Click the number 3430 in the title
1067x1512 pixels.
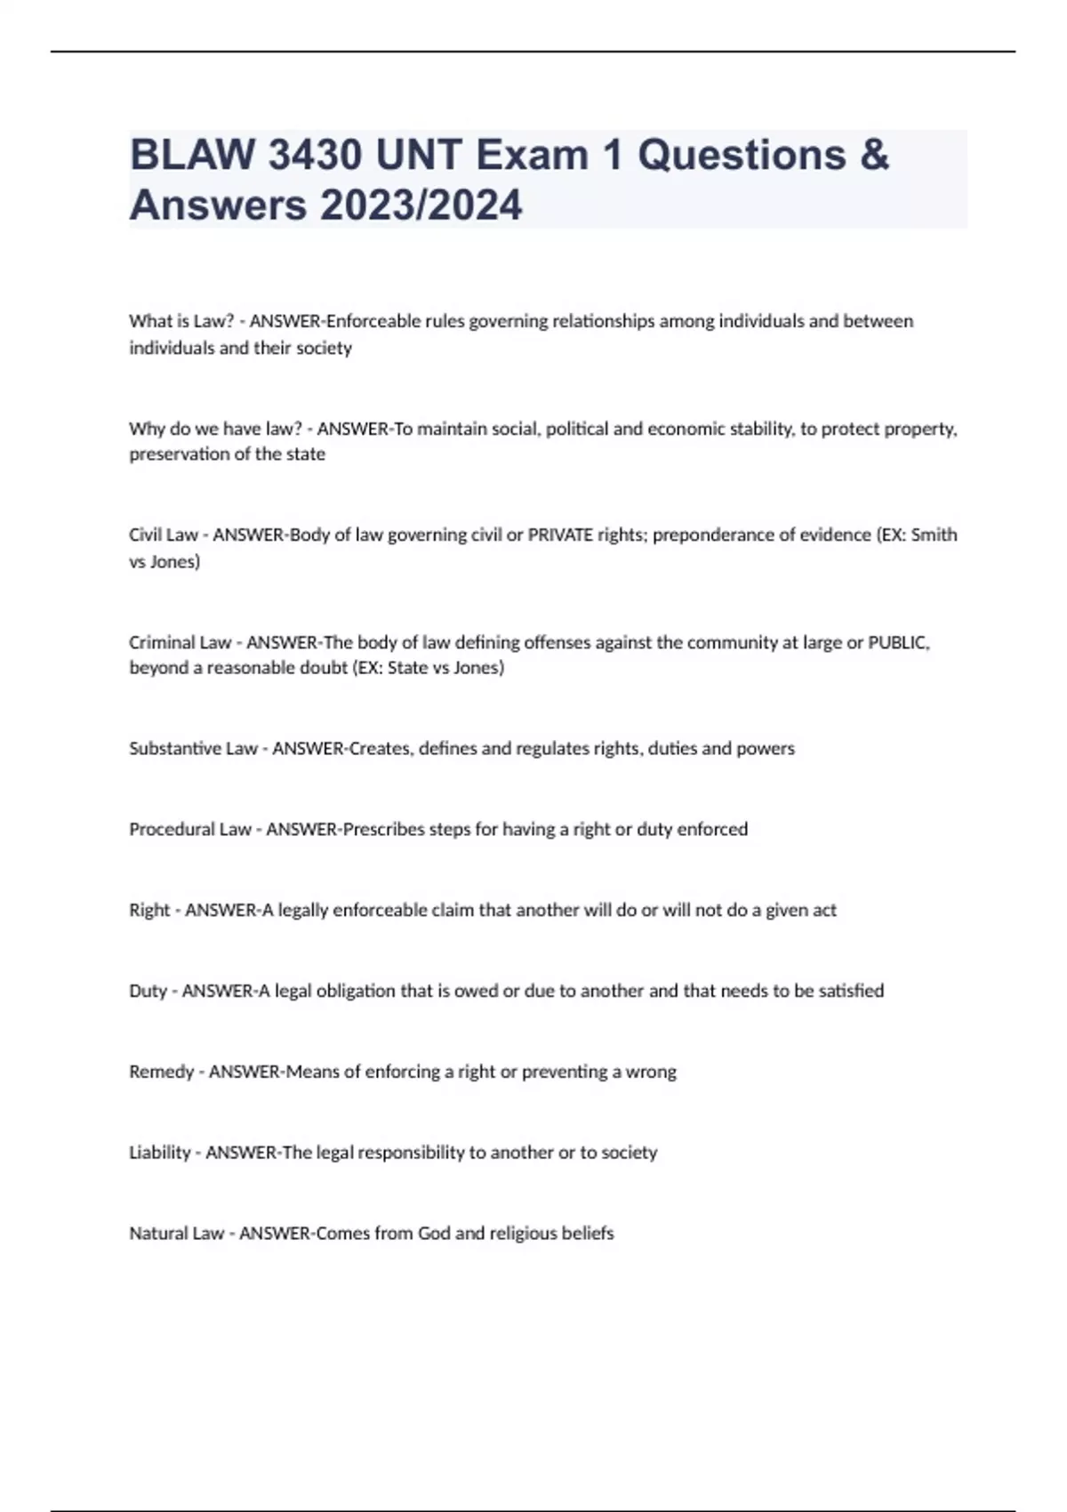315,156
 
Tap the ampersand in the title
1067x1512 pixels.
874,156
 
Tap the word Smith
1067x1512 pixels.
935,535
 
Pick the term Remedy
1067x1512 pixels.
161,1072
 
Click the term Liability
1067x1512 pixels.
159,1153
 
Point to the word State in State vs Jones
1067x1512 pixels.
407,668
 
